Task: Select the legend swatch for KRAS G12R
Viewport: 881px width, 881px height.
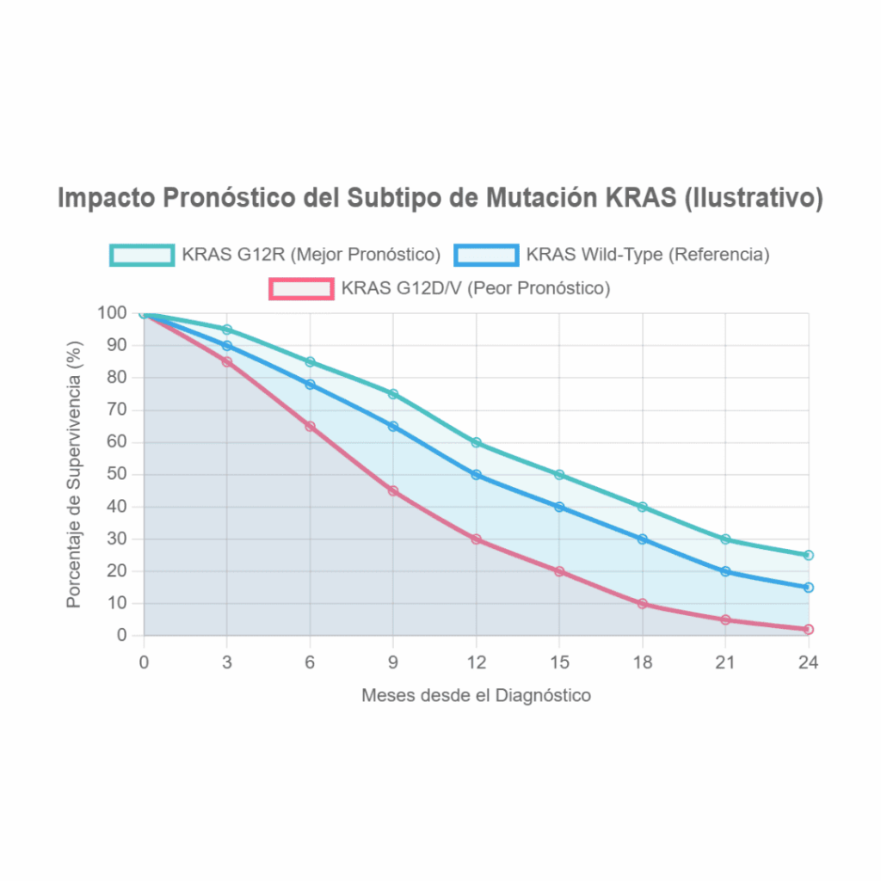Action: (x=142, y=255)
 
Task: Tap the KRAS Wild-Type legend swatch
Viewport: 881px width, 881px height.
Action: (x=487, y=255)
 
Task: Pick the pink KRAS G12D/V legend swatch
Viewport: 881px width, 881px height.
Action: (x=301, y=288)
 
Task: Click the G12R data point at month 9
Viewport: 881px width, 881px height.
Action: (x=393, y=394)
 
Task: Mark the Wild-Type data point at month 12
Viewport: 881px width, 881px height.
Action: (x=476, y=475)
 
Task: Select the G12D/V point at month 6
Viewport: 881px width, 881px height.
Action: (x=310, y=426)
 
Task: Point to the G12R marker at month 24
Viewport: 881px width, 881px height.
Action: (x=808, y=555)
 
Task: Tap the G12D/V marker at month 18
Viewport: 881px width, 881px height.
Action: (x=642, y=604)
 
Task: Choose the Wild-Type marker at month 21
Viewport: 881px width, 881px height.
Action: (x=725, y=571)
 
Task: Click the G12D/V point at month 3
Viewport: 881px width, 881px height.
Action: (x=227, y=362)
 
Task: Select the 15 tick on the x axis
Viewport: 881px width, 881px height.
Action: (x=559, y=662)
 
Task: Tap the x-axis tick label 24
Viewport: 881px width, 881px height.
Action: (x=808, y=662)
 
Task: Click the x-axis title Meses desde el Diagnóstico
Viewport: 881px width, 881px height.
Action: (x=476, y=695)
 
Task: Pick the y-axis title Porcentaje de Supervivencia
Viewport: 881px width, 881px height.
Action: (x=75, y=474)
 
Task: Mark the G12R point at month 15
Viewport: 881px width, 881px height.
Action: (x=559, y=475)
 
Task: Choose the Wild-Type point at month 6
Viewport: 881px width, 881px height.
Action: (x=310, y=385)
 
